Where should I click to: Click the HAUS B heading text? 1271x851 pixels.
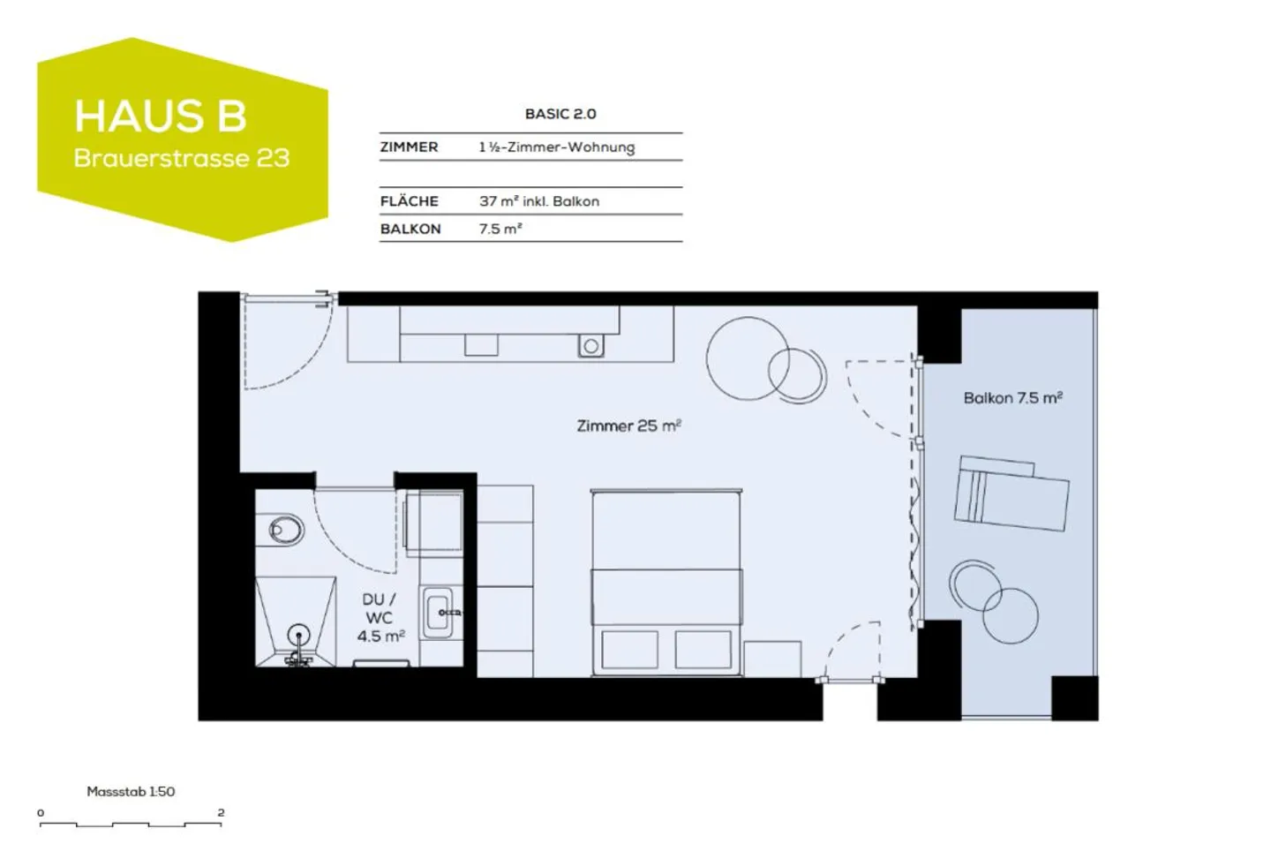point(161,117)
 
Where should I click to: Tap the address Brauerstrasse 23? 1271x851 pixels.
point(182,159)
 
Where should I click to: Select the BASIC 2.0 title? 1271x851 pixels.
point(560,114)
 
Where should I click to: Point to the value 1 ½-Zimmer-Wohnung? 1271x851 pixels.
point(556,147)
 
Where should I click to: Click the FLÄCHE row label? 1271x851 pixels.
point(409,201)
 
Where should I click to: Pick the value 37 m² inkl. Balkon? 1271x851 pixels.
point(538,201)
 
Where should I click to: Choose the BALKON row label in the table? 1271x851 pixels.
point(410,229)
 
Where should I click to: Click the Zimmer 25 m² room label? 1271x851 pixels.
point(628,425)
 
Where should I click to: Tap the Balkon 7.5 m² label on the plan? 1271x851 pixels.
point(1012,398)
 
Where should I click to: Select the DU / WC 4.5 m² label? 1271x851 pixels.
point(380,617)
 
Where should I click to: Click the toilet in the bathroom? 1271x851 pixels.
point(284,531)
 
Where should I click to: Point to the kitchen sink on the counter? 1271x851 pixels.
point(590,346)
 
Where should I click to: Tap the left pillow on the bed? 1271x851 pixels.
point(629,649)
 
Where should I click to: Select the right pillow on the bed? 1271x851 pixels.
point(703,649)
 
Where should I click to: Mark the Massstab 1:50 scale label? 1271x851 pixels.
point(131,792)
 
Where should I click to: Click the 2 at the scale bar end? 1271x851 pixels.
point(221,812)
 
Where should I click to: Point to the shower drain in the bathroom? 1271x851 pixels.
point(299,635)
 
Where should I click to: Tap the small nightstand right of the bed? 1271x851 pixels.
point(771,659)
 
